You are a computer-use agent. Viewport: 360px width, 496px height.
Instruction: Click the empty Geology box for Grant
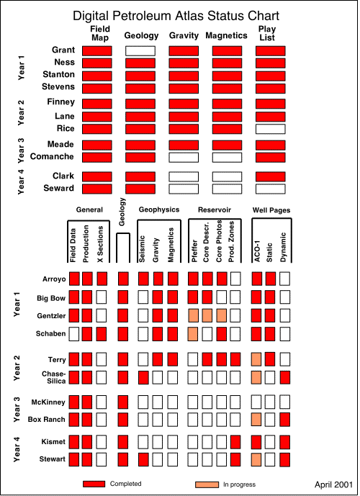140,51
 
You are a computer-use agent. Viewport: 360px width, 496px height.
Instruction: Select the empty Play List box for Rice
271,129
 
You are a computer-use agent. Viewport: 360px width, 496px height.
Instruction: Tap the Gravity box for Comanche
184,158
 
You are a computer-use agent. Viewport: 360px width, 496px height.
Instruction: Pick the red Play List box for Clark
271,176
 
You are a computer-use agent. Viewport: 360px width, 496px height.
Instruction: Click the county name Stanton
59,75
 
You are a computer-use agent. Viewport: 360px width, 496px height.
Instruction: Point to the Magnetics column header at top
226,35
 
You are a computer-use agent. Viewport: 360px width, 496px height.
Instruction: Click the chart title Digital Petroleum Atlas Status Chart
176,16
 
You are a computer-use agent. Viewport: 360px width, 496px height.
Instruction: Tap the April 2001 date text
333,484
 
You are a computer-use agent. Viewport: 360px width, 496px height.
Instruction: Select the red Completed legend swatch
94,484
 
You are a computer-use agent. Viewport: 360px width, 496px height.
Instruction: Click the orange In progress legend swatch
207,484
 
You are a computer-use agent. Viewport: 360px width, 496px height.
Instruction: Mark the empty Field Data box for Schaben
74,334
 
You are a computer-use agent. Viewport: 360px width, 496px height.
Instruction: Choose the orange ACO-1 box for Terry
256,360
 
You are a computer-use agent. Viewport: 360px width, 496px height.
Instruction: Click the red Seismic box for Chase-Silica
143,378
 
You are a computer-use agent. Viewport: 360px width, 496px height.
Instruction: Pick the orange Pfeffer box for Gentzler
193,316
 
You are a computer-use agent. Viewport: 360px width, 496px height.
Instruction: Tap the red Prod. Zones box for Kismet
235,442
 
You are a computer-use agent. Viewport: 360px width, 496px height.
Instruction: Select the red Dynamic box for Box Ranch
284,420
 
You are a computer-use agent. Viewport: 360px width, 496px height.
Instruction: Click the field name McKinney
48,402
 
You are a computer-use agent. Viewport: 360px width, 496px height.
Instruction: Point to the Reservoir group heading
215,209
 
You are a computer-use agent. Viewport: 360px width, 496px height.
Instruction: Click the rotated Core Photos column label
219,241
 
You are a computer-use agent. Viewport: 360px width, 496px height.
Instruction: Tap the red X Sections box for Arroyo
102,279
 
